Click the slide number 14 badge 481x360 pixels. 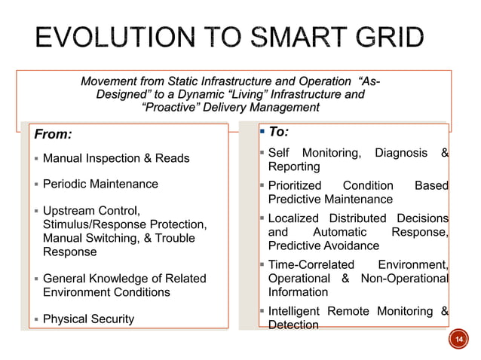(456, 341)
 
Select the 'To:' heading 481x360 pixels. (278, 132)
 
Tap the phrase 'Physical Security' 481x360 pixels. (88, 319)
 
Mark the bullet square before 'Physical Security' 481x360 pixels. (35, 319)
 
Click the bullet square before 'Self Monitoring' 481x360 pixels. (261, 154)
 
